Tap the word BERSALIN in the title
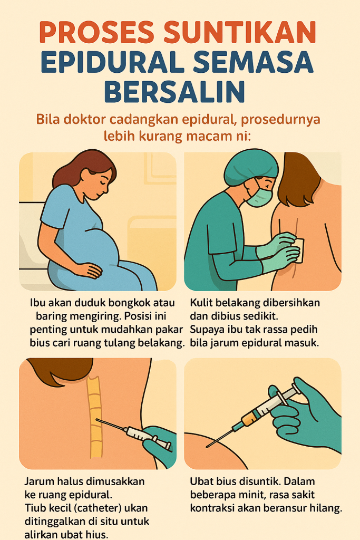pos(174,91)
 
